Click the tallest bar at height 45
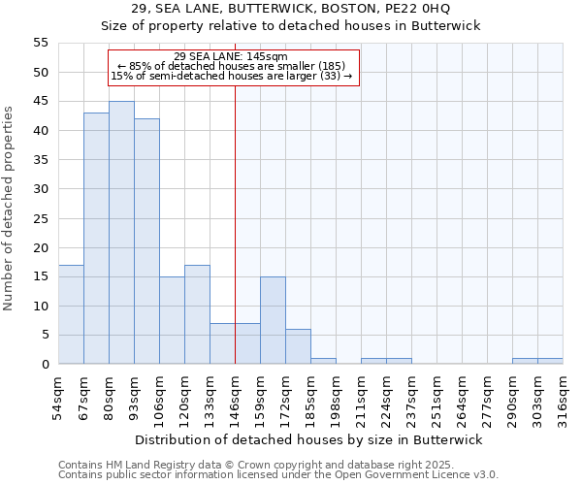pos(121,233)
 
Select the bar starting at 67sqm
pos(96,239)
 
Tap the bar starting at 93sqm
pos(146,242)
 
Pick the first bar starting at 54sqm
pos(71,314)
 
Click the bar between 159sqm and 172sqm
pos(273,320)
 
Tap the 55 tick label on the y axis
pos(41,43)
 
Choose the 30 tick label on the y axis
pos(41,189)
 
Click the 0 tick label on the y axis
pos(45,365)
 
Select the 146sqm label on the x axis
pos(236,398)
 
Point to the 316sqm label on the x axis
pos(564,398)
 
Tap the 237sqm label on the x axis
pos(412,398)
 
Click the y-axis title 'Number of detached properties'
pos(10,209)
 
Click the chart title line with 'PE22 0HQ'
pos(291,9)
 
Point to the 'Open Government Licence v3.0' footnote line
pos(278,474)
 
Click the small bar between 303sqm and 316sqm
pos(550,361)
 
